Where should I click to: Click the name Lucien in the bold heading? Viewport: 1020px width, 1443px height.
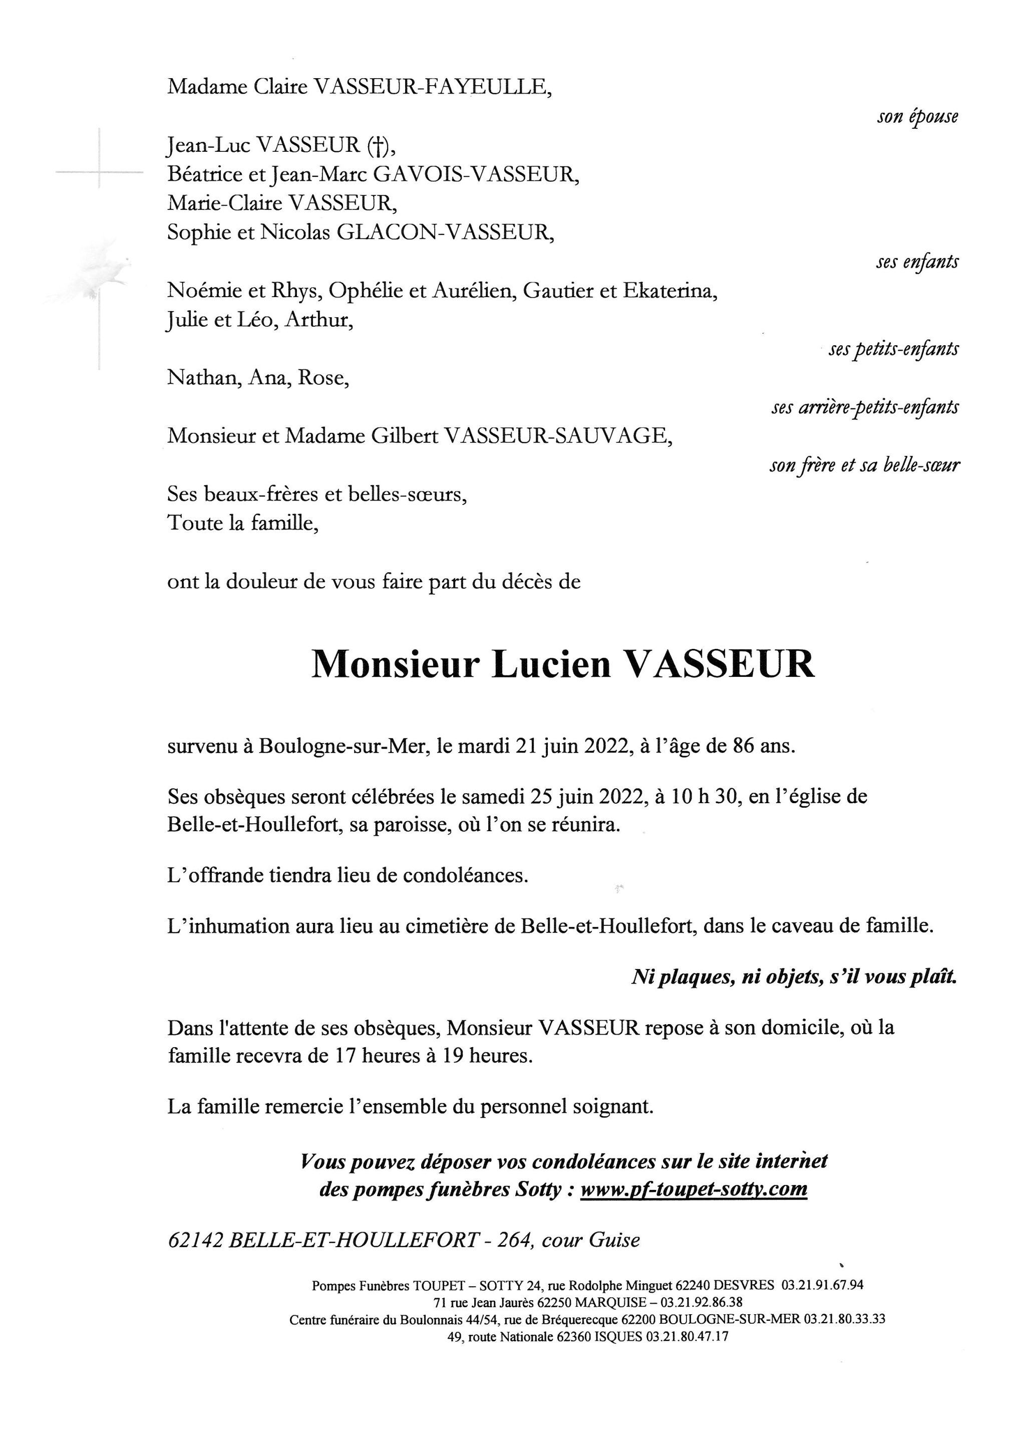click(x=551, y=664)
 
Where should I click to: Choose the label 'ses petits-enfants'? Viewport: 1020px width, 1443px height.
click(x=893, y=349)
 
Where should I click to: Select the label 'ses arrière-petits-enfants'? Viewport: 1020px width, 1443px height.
click(x=865, y=407)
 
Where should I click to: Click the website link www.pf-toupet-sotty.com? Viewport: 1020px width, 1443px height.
click(x=694, y=1189)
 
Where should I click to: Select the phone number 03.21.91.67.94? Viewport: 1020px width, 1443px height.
click(x=822, y=1285)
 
